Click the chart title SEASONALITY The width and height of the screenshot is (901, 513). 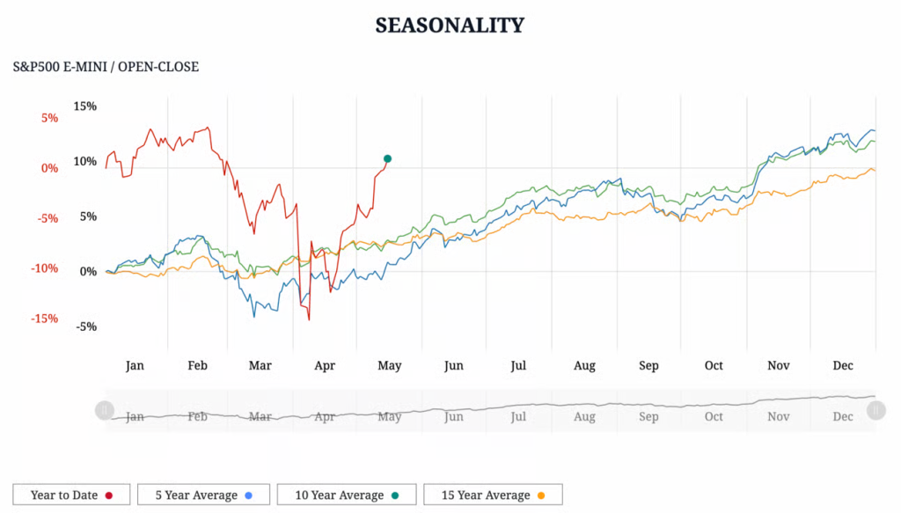tap(450, 25)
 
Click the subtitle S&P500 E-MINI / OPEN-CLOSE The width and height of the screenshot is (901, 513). tap(106, 67)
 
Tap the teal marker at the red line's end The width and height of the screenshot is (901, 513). tap(387, 158)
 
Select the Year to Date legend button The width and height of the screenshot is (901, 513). tap(71, 495)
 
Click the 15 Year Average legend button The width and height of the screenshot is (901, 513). tap(492, 495)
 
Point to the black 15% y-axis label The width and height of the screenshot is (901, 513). tap(85, 106)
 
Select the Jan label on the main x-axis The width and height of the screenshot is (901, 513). tap(135, 365)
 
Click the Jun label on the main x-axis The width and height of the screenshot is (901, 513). tap(453, 365)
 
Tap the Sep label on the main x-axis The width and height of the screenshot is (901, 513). tap(648, 365)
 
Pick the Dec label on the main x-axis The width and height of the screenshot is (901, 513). tap(843, 365)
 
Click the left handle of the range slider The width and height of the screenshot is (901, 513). tap(104, 410)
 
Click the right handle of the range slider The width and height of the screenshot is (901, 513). tap(875, 410)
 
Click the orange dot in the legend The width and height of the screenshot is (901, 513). tap(540, 495)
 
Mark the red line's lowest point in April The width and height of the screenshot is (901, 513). tap(309, 319)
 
